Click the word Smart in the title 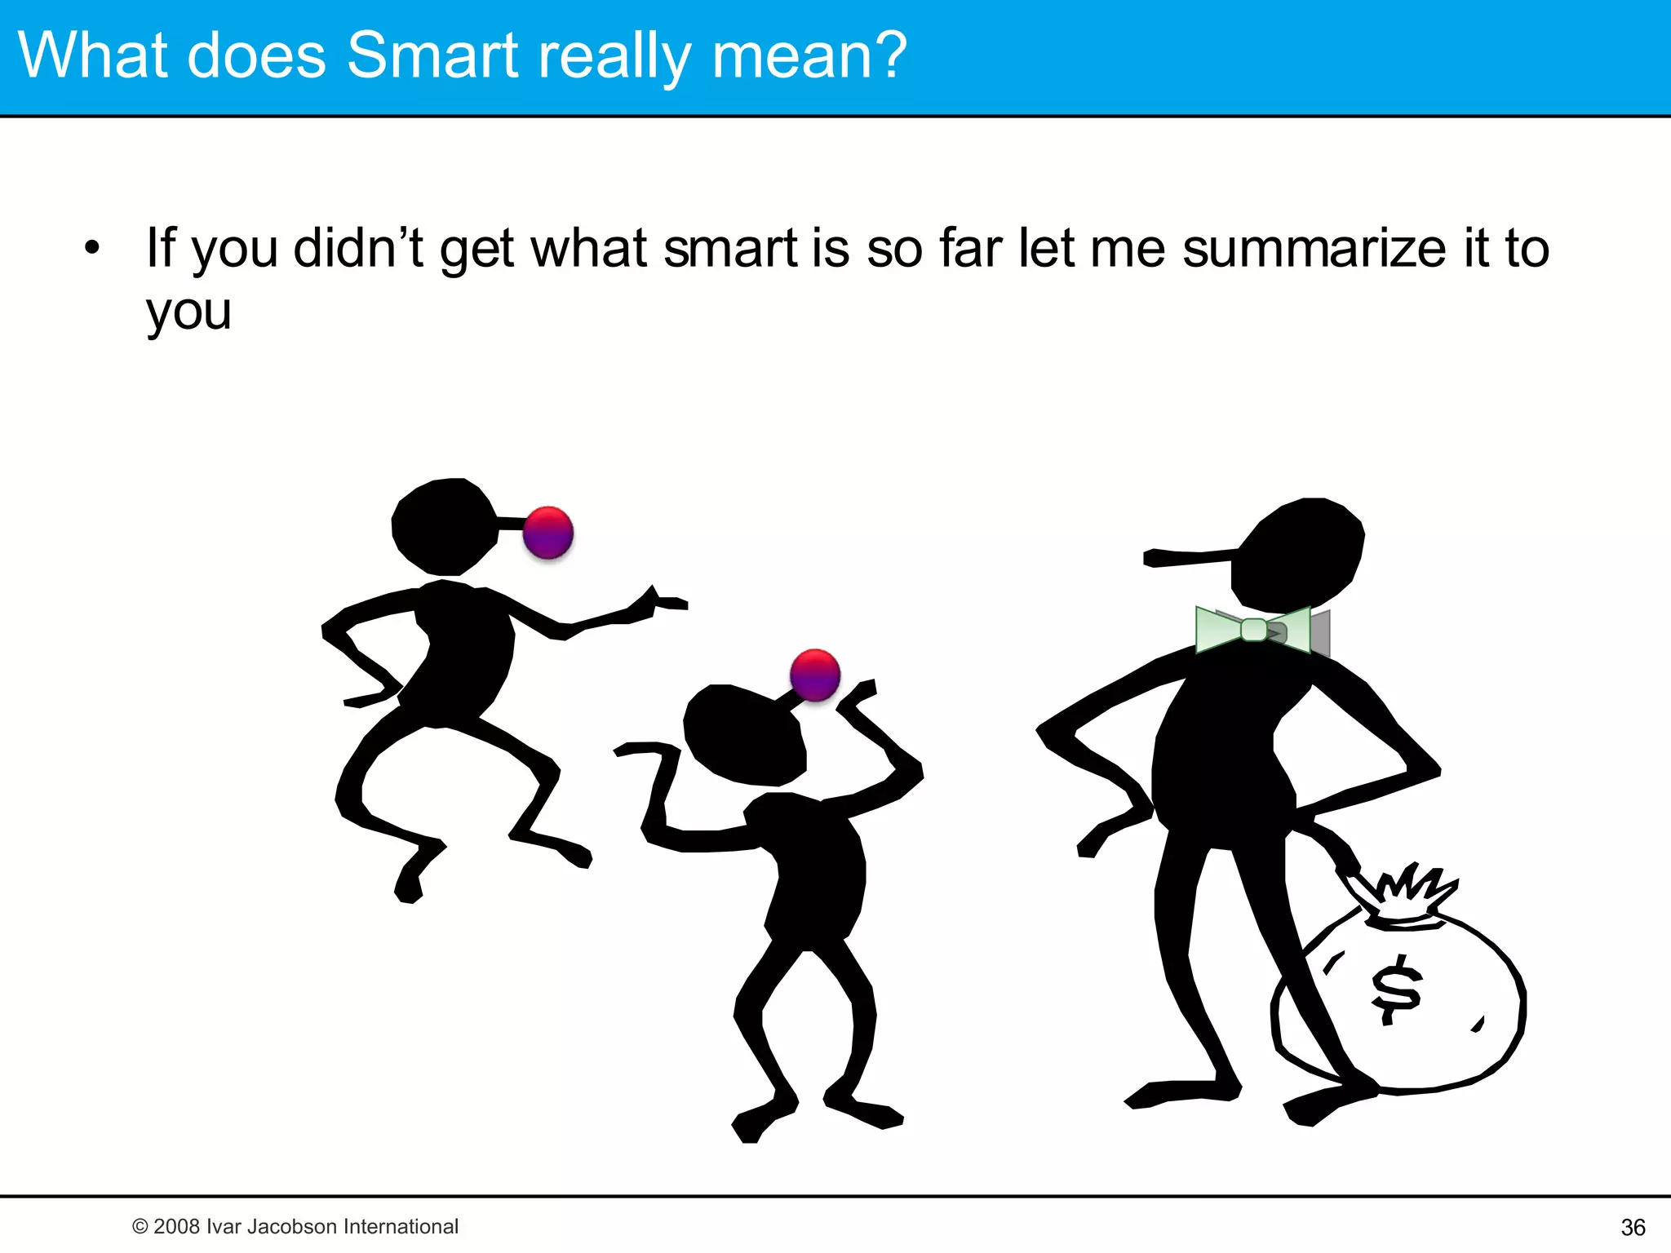(433, 55)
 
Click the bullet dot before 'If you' (92, 247)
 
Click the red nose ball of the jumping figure (548, 532)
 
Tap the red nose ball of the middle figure (815, 675)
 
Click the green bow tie (1254, 630)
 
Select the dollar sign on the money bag (1396, 989)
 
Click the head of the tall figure (1301, 555)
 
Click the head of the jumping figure (443, 526)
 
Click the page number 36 (1633, 1227)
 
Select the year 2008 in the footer (176, 1226)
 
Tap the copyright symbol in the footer (140, 1227)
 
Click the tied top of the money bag (1407, 897)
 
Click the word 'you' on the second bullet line (188, 312)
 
